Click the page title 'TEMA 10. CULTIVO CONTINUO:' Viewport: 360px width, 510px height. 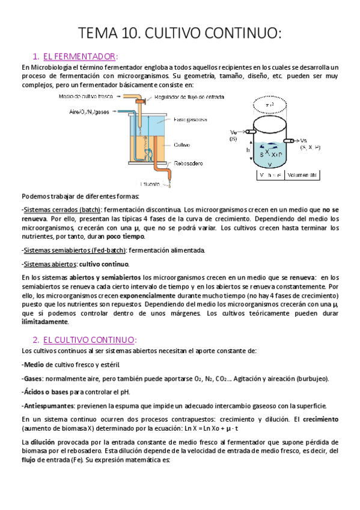click(x=180, y=34)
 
